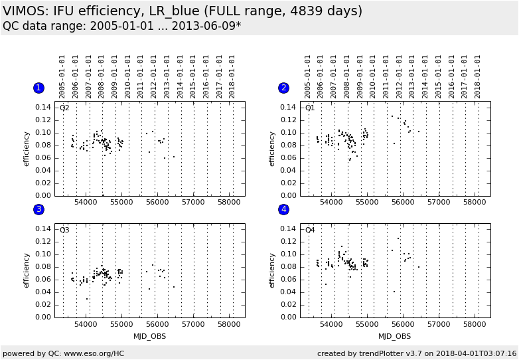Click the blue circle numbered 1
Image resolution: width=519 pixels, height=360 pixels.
[x=38, y=88]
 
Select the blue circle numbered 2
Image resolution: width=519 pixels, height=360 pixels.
[x=284, y=88]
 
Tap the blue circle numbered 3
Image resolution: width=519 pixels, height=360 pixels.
[x=38, y=209]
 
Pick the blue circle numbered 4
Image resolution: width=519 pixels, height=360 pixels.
[x=284, y=209]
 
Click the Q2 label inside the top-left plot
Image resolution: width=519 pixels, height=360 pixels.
[x=64, y=108]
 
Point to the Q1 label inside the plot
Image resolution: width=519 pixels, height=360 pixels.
[x=310, y=108]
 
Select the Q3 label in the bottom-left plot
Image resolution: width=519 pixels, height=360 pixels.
[x=64, y=230]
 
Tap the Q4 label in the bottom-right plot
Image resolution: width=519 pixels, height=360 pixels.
[x=310, y=230]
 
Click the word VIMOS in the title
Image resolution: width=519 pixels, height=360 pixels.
[x=22, y=11]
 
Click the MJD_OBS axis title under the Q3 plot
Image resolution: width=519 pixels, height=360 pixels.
[x=149, y=336]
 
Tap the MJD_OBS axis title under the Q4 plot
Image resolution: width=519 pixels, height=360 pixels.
[x=395, y=336]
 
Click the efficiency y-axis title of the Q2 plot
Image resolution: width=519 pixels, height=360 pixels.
[x=27, y=148]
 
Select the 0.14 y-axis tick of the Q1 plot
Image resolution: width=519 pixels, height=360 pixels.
[x=287, y=107]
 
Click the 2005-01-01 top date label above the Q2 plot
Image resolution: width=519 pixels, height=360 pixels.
[x=62, y=76]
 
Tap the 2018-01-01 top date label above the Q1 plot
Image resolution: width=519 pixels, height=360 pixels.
[x=477, y=76]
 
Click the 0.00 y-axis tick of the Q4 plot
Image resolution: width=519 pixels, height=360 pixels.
[x=287, y=317]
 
